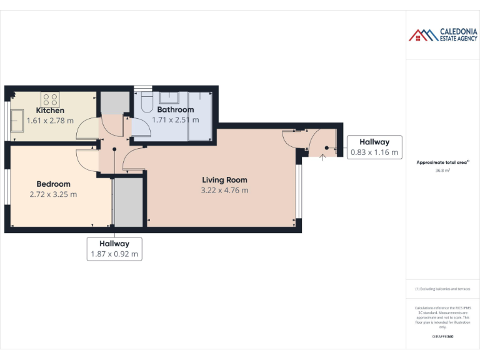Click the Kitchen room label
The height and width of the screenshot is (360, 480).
pyautogui.click(x=50, y=111)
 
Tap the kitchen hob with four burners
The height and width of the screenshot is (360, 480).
pyautogui.click(x=50, y=99)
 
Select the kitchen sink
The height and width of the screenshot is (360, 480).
pyautogui.click(x=16, y=118)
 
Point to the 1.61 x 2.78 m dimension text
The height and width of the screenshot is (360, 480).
pyautogui.click(x=50, y=121)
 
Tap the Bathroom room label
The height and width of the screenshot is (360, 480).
pyautogui.click(x=175, y=110)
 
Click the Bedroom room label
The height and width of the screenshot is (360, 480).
pyautogui.click(x=53, y=184)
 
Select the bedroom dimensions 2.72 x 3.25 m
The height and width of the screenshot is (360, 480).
pyautogui.click(x=53, y=194)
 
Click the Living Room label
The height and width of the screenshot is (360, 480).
pyautogui.click(x=224, y=180)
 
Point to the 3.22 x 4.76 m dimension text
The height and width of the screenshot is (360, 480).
pyautogui.click(x=224, y=190)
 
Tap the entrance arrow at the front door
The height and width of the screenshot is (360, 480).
pyautogui.click(x=322, y=156)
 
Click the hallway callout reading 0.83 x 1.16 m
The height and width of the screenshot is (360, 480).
pyautogui.click(x=374, y=147)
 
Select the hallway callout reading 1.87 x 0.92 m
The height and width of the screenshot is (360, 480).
pyautogui.click(x=114, y=249)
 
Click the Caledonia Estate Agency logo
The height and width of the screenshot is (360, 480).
pyautogui.click(x=443, y=35)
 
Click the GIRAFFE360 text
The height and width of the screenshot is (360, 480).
pyautogui.click(x=442, y=337)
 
